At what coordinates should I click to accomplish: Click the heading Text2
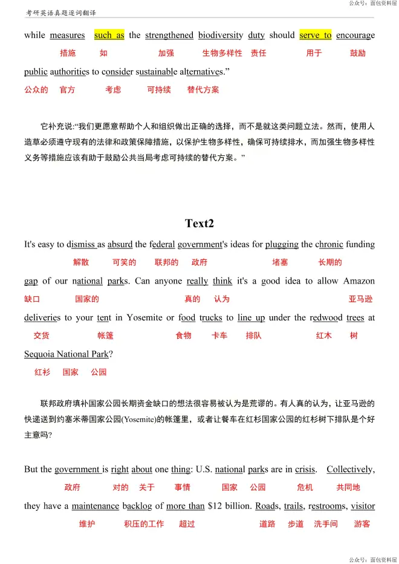click(x=199, y=224)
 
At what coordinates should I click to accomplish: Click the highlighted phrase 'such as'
click(x=109, y=35)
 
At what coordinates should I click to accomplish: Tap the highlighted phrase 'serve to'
click(x=315, y=35)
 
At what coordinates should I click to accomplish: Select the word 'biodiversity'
click(x=221, y=35)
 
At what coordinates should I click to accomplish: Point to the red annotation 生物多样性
click(x=222, y=53)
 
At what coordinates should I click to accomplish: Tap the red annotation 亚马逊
click(x=360, y=299)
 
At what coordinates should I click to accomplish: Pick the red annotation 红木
click(x=323, y=335)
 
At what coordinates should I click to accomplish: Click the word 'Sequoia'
click(x=41, y=354)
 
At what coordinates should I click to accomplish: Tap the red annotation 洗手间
click(x=325, y=524)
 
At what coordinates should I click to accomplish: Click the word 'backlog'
click(x=138, y=506)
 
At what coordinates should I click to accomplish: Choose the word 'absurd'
click(x=120, y=245)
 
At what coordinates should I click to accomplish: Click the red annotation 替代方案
click(x=203, y=89)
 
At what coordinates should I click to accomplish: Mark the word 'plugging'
click(x=282, y=245)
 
